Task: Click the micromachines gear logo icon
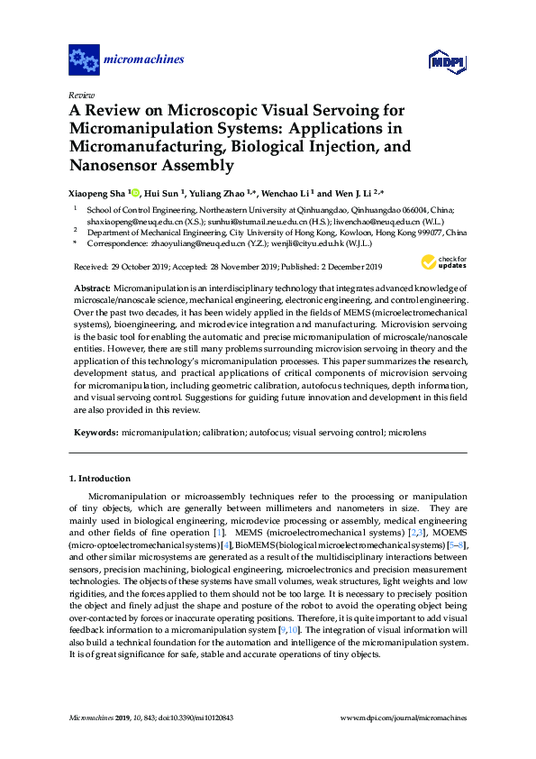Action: coord(84,60)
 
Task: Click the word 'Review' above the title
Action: coord(81,95)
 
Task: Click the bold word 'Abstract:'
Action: coord(91,286)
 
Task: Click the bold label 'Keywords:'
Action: coord(95,433)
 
